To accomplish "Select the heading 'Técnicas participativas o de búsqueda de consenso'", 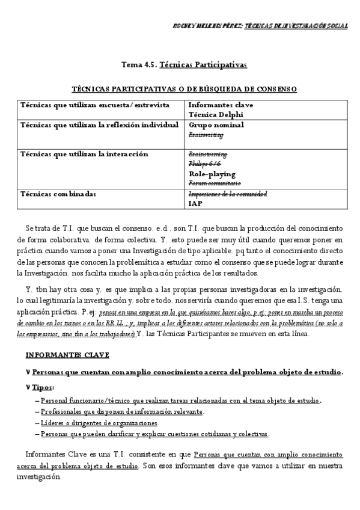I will pyautogui.click(x=184, y=89).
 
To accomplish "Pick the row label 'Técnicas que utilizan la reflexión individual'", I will pyautogui.click(x=100, y=125).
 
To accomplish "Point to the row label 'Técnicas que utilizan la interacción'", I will pyautogui.click(x=84, y=154).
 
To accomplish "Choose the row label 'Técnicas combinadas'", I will pyautogui.click(x=58, y=194).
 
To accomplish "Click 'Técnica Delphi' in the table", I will pyautogui.click(x=216, y=114).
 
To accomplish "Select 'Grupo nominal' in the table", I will pyautogui.click(x=216, y=125).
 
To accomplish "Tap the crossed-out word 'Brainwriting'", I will pyautogui.click(x=206, y=135).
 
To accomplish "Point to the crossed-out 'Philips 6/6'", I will pyautogui.click(x=205, y=163).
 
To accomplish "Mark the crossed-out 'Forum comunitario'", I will pyautogui.click(x=215, y=183).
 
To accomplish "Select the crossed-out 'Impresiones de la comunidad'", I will pyautogui.click(x=228, y=194).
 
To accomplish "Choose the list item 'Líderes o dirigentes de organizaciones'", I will pyautogui.click(x=99, y=423).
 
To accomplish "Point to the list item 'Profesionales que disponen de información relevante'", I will pyautogui.click(x=122, y=412).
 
